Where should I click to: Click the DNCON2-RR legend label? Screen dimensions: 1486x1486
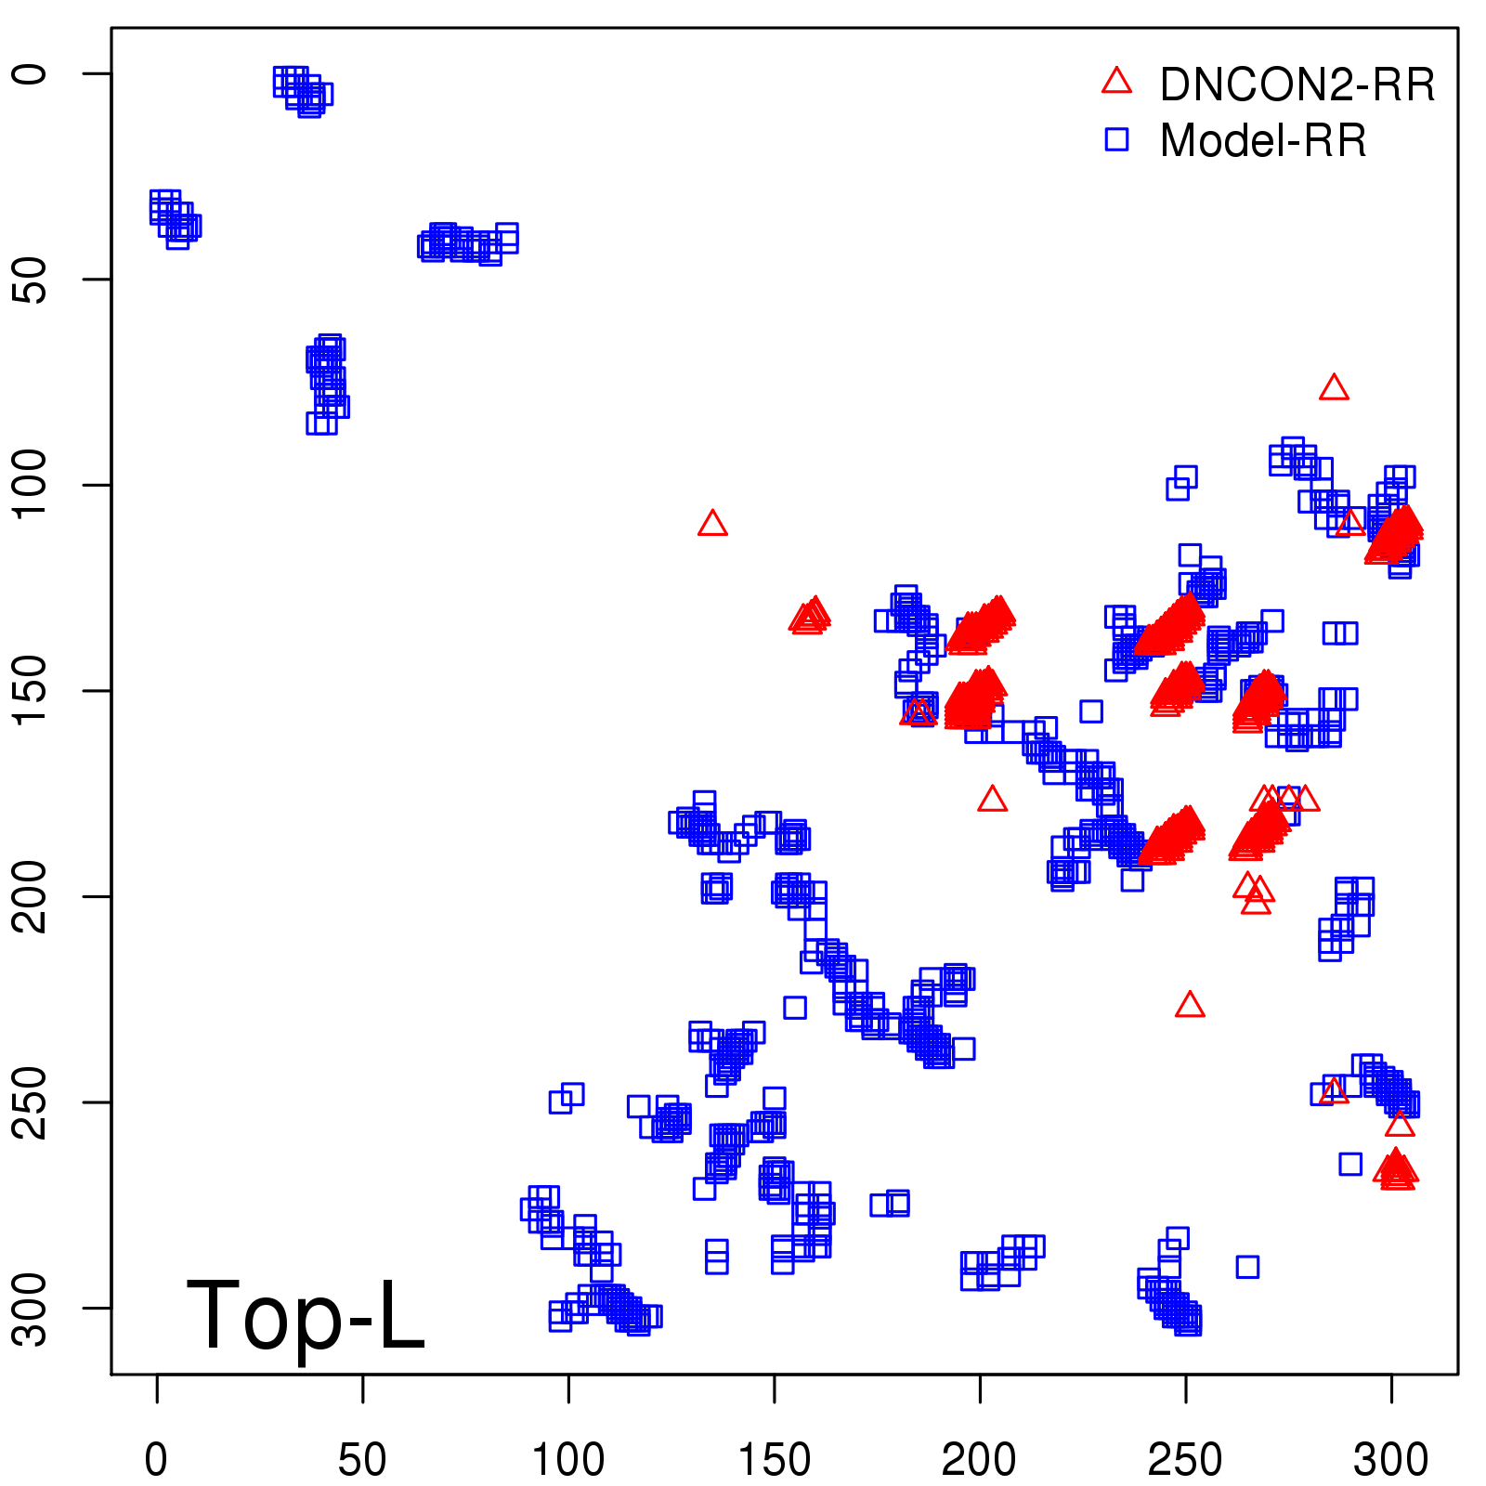pos(1297,85)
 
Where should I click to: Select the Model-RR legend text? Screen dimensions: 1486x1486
pos(1263,141)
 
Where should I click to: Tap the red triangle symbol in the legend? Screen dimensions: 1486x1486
pos(1116,82)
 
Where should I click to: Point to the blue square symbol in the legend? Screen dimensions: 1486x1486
pos(1116,139)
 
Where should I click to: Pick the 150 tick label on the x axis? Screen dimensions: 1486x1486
pos(774,1460)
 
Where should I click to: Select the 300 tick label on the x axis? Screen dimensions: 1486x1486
pos(1390,1460)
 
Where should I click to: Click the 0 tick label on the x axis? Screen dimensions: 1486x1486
pos(157,1460)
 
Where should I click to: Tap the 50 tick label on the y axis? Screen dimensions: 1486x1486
pos(32,279)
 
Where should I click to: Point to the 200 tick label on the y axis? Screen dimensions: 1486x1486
pos(32,896)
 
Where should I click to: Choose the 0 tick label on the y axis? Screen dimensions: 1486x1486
pos(32,73)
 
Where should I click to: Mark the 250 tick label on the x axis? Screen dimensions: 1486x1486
pos(1185,1460)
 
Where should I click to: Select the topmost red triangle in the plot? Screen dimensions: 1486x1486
pos(1334,388)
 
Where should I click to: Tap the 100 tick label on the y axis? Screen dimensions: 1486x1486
pos(32,485)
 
